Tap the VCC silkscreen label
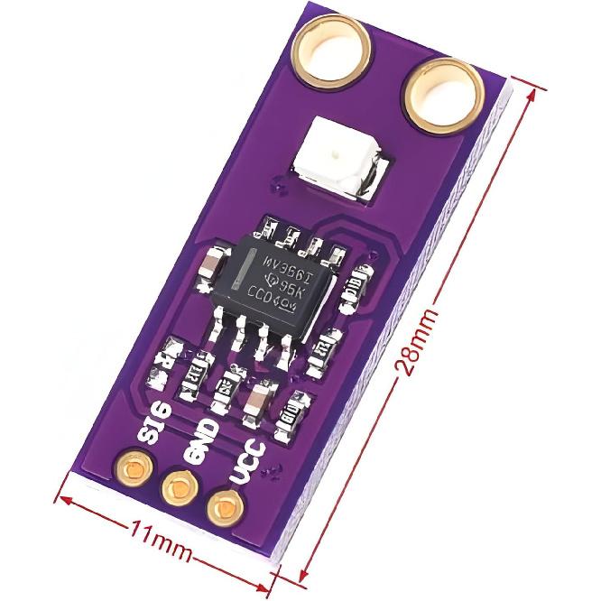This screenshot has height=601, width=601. (x=245, y=458)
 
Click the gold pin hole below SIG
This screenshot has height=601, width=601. (x=132, y=469)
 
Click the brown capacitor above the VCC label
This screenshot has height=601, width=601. (x=262, y=399)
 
